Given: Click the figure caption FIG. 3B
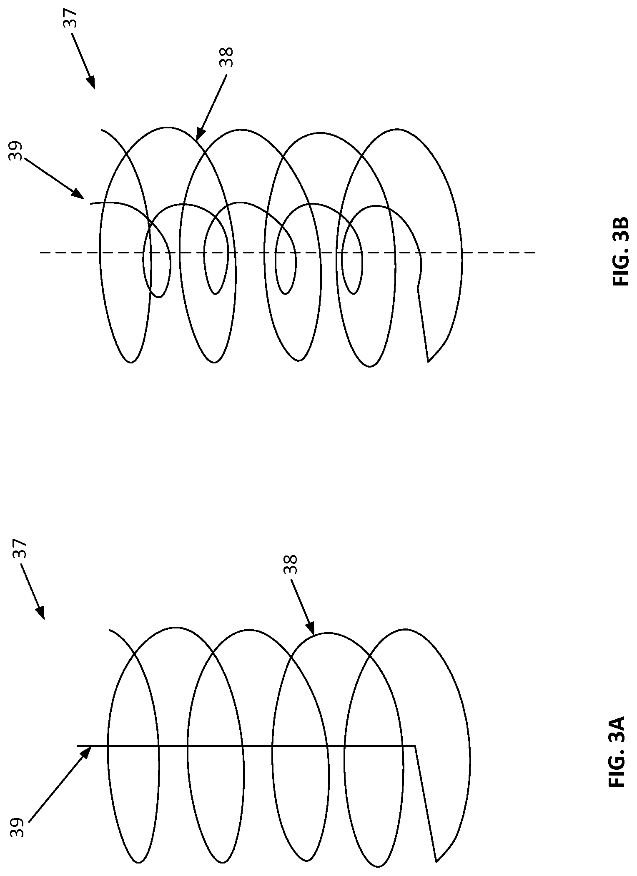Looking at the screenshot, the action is [x=621, y=251].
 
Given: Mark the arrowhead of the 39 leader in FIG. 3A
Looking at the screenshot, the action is [x=91, y=746].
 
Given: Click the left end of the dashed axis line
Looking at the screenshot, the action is [x=40, y=252].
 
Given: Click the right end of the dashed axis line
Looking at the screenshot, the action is [x=535, y=252].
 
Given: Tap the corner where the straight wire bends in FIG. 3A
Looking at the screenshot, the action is [x=415, y=746].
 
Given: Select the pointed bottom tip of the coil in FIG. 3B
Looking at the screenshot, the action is [x=428, y=361].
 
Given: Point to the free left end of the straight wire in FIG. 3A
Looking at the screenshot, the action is [x=78, y=746].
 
